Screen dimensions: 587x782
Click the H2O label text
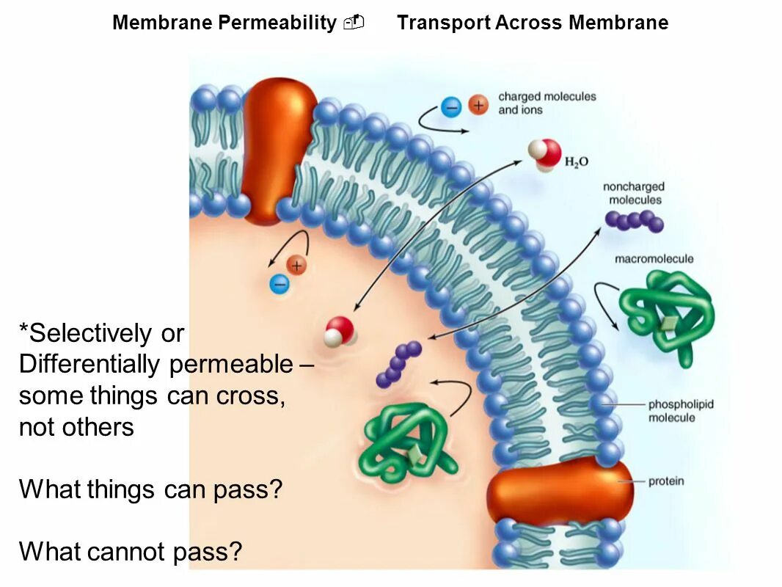pyautogui.click(x=576, y=162)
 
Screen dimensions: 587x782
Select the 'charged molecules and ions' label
pyautogui.click(x=547, y=103)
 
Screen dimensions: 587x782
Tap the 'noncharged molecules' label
pyautogui.click(x=633, y=194)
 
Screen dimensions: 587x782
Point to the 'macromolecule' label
pyautogui.click(x=654, y=259)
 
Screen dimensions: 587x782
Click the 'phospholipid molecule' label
pyautogui.click(x=681, y=411)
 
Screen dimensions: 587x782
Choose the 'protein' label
pyautogui.click(x=666, y=481)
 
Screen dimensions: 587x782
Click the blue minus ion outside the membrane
pyautogui.click(x=451, y=107)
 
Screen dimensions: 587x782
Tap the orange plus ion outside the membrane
pyautogui.click(x=478, y=106)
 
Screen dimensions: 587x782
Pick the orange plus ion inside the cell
pyautogui.click(x=296, y=266)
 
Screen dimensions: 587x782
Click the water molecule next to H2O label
pyautogui.click(x=544, y=154)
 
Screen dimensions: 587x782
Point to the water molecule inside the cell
pyautogui.click(x=340, y=331)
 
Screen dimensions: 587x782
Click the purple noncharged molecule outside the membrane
pyautogui.click(x=635, y=220)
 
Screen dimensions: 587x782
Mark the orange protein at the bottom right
pyautogui.click(x=559, y=490)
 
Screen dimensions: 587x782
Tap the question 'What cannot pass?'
pyautogui.click(x=131, y=550)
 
